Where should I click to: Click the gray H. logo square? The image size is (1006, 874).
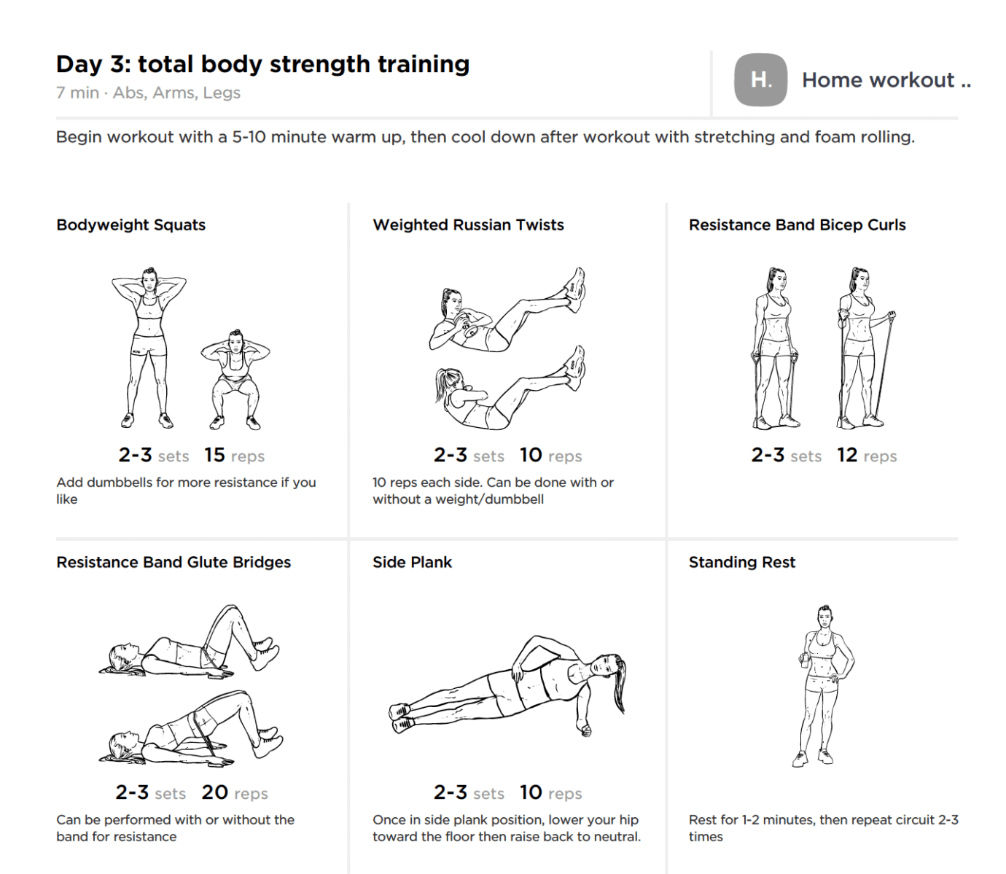tap(760, 79)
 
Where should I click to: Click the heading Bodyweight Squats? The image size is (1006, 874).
tap(130, 225)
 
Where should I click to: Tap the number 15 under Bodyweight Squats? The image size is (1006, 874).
tap(214, 455)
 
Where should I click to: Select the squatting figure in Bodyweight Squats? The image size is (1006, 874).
tap(235, 379)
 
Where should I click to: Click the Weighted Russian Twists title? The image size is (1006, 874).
tap(468, 225)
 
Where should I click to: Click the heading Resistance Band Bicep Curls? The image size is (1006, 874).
tap(797, 225)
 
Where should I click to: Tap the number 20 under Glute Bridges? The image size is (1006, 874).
tap(215, 792)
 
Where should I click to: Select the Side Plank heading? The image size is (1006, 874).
tap(412, 562)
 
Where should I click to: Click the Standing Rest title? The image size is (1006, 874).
tap(741, 562)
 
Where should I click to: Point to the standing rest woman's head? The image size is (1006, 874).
tap(824, 618)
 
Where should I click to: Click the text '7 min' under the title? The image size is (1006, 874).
tap(77, 93)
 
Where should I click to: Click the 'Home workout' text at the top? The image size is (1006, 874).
tap(878, 79)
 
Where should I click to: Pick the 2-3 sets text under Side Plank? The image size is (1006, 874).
tap(468, 792)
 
